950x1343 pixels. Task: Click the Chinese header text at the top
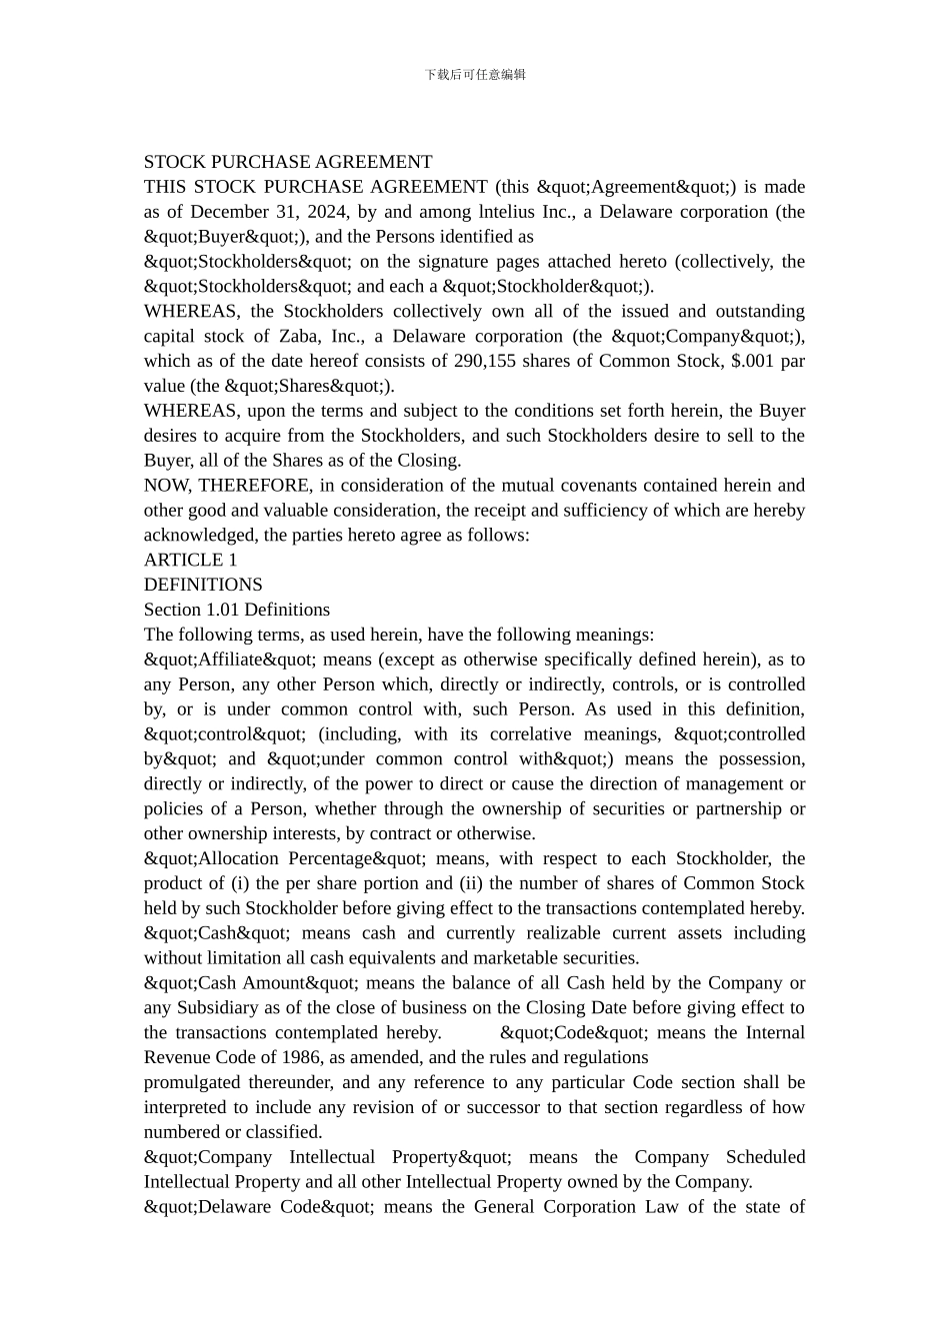475,74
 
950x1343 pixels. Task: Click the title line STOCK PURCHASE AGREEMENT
288,162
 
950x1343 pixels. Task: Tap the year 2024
325,212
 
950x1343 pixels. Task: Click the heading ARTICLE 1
191,560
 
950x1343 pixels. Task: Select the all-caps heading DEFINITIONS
203,585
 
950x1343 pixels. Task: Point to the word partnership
732,808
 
